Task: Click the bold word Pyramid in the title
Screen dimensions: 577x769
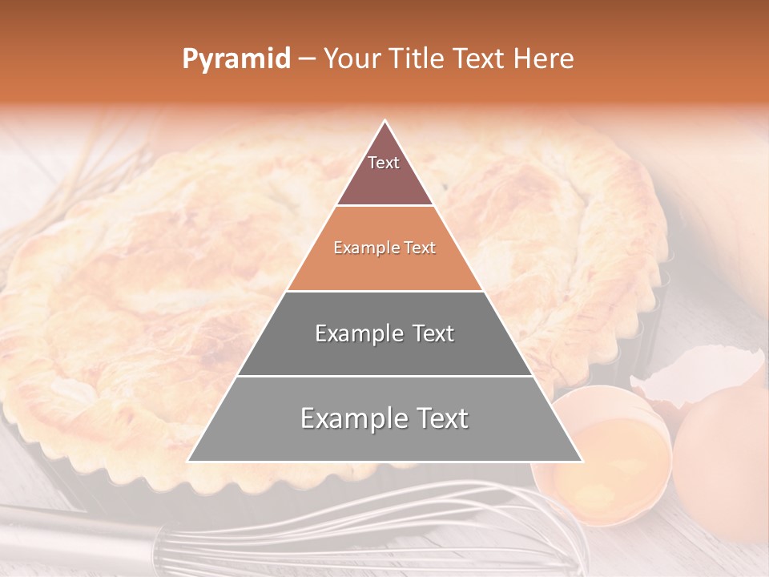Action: click(x=236, y=59)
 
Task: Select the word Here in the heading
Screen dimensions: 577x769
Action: click(x=545, y=59)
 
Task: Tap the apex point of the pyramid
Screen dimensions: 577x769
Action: click(x=385, y=121)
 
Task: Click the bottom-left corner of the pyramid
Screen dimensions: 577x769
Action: click(x=189, y=461)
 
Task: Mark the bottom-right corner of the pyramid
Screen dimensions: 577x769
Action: click(x=582, y=461)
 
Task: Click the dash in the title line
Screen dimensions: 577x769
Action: click(x=307, y=59)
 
